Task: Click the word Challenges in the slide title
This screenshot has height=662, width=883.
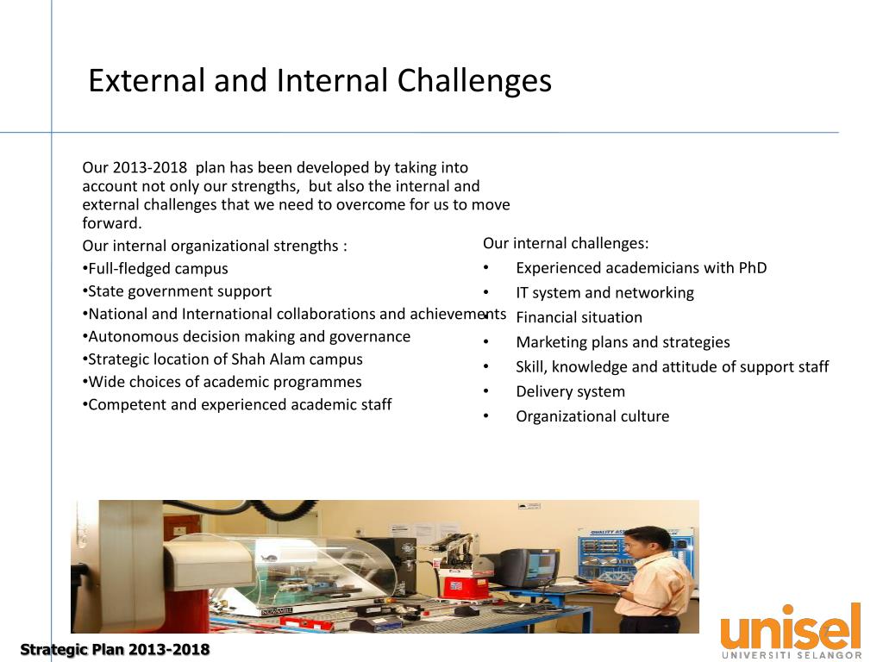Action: (474, 81)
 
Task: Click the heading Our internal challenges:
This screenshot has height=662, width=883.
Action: (566, 243)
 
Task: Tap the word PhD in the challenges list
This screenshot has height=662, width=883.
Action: (753, 268)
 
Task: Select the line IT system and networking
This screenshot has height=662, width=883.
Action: (604, 293)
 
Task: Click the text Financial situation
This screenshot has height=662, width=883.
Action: (579, 317)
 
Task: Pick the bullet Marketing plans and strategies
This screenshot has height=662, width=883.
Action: (623, 342)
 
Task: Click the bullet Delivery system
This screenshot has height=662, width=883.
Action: (570, 391)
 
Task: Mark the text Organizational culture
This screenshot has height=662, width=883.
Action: (592, 416)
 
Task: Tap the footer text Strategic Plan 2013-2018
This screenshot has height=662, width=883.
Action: (115, 649)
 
